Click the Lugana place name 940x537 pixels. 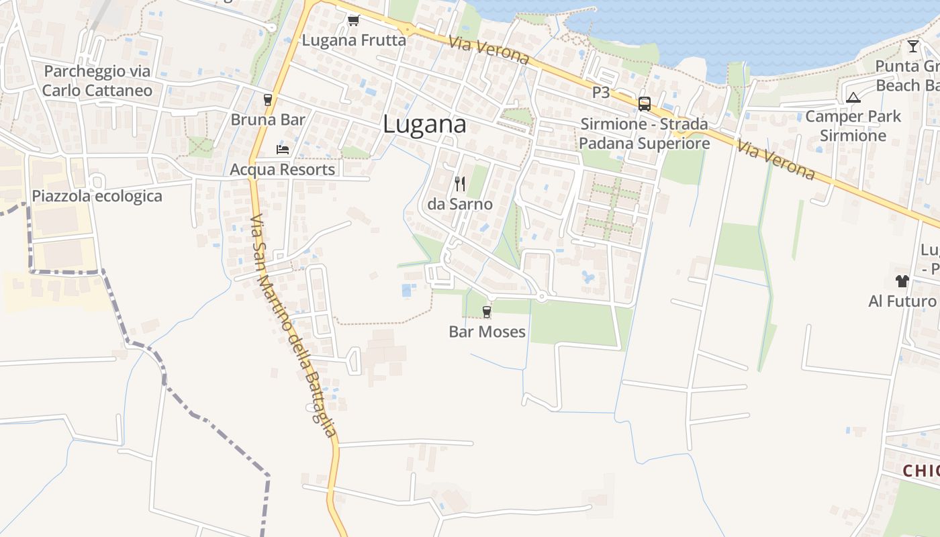click(424, 125)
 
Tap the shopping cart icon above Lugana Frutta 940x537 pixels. click(353, 21)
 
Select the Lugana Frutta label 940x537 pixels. click(354, 40)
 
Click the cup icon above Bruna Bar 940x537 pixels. click(268, 100)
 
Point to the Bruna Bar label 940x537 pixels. click(268, 120)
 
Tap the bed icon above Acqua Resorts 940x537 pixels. click(283, 149)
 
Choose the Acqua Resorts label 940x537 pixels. click(282, 169)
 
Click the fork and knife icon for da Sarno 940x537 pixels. click(460, 183)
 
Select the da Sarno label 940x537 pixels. click(460, 204)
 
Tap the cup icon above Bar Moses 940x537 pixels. click(487, 311)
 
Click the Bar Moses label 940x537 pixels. click(487, 332)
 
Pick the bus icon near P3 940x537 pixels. click(645, 103)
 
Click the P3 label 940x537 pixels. click(601, 93)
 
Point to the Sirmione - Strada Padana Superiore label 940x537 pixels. click(644, 134)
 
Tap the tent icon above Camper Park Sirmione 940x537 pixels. click(853, 97)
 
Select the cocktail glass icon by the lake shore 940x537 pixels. click(913, 46)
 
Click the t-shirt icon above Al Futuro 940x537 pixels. click(902, 281)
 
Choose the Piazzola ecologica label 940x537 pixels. click(97, 196)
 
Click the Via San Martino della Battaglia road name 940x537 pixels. click(293, 325)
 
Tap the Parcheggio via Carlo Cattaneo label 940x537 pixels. click(97, 81)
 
